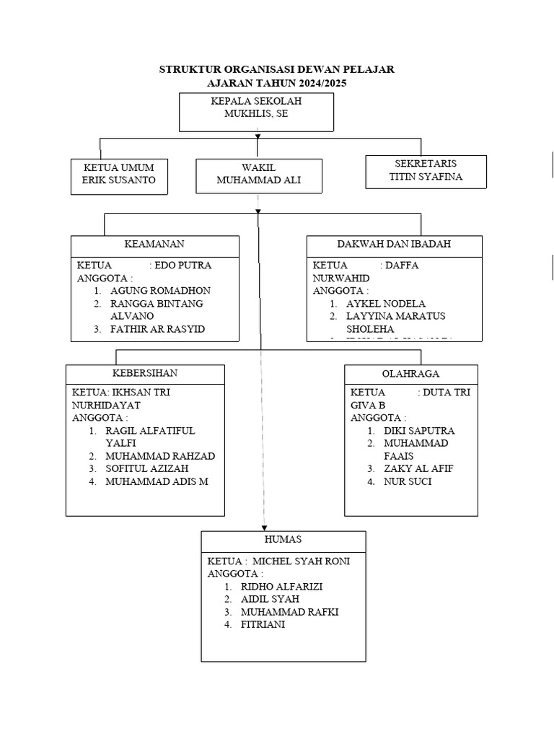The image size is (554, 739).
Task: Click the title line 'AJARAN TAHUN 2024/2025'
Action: [x=276, y=84]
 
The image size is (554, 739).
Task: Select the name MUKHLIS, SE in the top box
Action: [x=256, y=114]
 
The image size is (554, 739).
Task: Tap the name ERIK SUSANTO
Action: [x=119, y=180]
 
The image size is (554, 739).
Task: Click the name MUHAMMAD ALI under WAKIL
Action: [x=258, y=180]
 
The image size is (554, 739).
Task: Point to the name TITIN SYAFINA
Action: [x=425, y=176]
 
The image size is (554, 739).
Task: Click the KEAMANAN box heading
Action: [x=154, y=245]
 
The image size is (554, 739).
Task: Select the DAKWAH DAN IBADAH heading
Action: [x=394, y=245]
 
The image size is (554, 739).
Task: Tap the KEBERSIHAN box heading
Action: [x=145, y=374]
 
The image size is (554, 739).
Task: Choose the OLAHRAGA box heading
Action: [x=410, y=374]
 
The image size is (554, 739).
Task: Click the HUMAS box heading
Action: [x=283, y=540]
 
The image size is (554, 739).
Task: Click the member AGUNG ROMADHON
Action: [x=161, y=291]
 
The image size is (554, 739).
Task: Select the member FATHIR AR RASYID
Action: [x=158, y=329]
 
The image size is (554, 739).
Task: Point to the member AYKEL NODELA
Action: [x=386, y=304]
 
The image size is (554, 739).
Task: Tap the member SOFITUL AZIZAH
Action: [x=148, y=469]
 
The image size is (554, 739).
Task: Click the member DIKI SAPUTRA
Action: [x=419, y=431]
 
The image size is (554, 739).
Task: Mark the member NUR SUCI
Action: [x=408, y=481]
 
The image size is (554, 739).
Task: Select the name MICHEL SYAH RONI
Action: [x=301, y=561]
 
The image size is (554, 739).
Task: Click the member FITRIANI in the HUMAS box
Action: [x=263, y=625]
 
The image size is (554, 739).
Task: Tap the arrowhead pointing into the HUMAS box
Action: [x=264, y=528]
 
